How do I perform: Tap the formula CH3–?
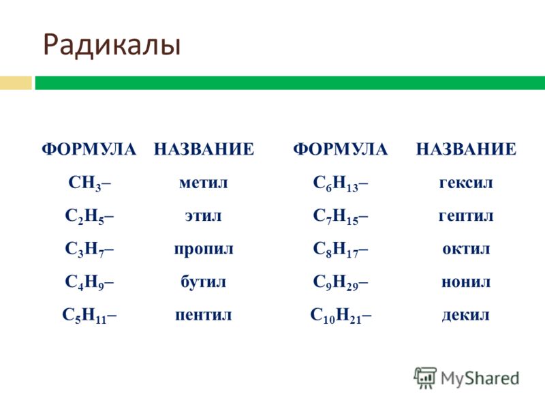(90, 183)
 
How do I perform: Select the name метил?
(203, 183)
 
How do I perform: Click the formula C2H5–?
(89, 216)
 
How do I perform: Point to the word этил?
(203, 216)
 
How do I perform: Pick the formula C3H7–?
(89, 249)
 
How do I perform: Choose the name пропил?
(204, 249)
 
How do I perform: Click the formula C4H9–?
(89, 282)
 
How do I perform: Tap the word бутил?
(203, 282)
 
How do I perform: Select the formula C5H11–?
(89, 315)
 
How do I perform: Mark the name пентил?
(203, 315)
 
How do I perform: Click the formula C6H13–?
(341, 183)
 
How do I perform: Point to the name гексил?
(466, 183)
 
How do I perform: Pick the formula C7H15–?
(341, 216)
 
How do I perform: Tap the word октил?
(466, 249)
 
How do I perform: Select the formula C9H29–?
(341, 282)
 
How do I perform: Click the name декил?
(466, 315)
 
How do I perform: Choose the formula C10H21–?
(341, 315)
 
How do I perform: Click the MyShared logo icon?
(425, 378)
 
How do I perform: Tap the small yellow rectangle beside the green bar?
(16, 83)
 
